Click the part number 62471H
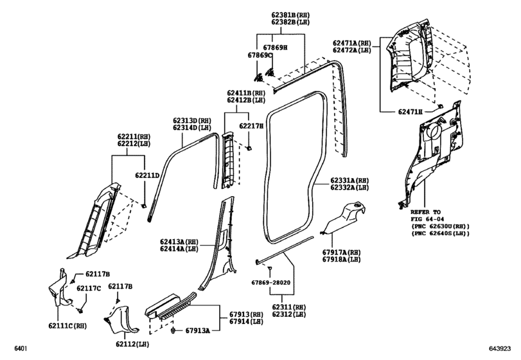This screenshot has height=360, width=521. click(x=411, y=112)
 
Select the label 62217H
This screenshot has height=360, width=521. click(x=251, y=125)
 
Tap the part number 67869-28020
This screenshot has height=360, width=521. click(x=271, y=283)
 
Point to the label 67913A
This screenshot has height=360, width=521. click(x=198, y=330)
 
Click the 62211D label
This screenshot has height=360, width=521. click(x=147, y=175)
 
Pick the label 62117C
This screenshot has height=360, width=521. click(x=89, y=288)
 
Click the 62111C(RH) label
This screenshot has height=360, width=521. click(x=67, y=326)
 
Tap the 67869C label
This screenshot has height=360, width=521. click(x=260, y=55)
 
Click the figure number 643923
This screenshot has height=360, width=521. click(x=499, y=348)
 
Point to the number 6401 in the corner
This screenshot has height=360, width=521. click(x=21, y=348)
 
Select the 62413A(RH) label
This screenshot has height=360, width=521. click(x=179, y=242)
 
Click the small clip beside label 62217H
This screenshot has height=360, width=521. click(x=248, y=148)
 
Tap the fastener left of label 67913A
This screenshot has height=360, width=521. click(x=173, y=330)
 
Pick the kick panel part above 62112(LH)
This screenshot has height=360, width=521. click(x=121, y=320)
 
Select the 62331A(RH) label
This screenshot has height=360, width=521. click(x=349, y=180)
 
